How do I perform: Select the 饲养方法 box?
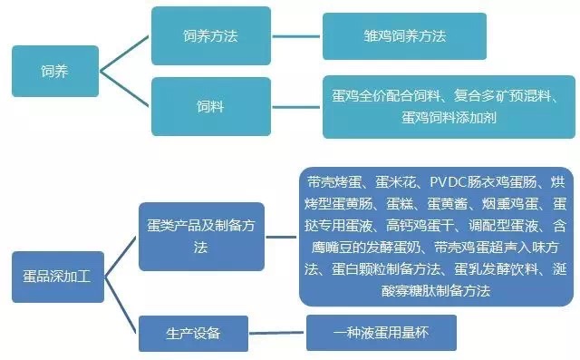coord(210,36)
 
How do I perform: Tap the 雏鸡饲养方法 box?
coord(399,37)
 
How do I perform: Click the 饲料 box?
coord(210,105)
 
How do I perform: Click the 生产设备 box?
coord(194,333)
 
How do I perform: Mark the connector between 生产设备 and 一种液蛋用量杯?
coord(277,333)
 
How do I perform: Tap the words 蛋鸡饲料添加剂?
coord(443,117)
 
